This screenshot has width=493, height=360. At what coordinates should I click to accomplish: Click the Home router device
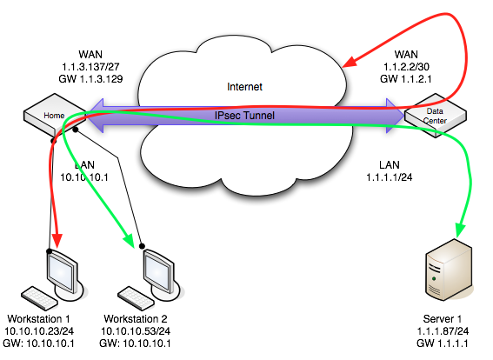[x=43, y=117]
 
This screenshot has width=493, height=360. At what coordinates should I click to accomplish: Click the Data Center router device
[x=435, y=116]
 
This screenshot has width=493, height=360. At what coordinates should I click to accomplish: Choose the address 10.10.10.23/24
[x=41, y=330]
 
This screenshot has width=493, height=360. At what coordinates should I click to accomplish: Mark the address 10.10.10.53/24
[x=143, y=330]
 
